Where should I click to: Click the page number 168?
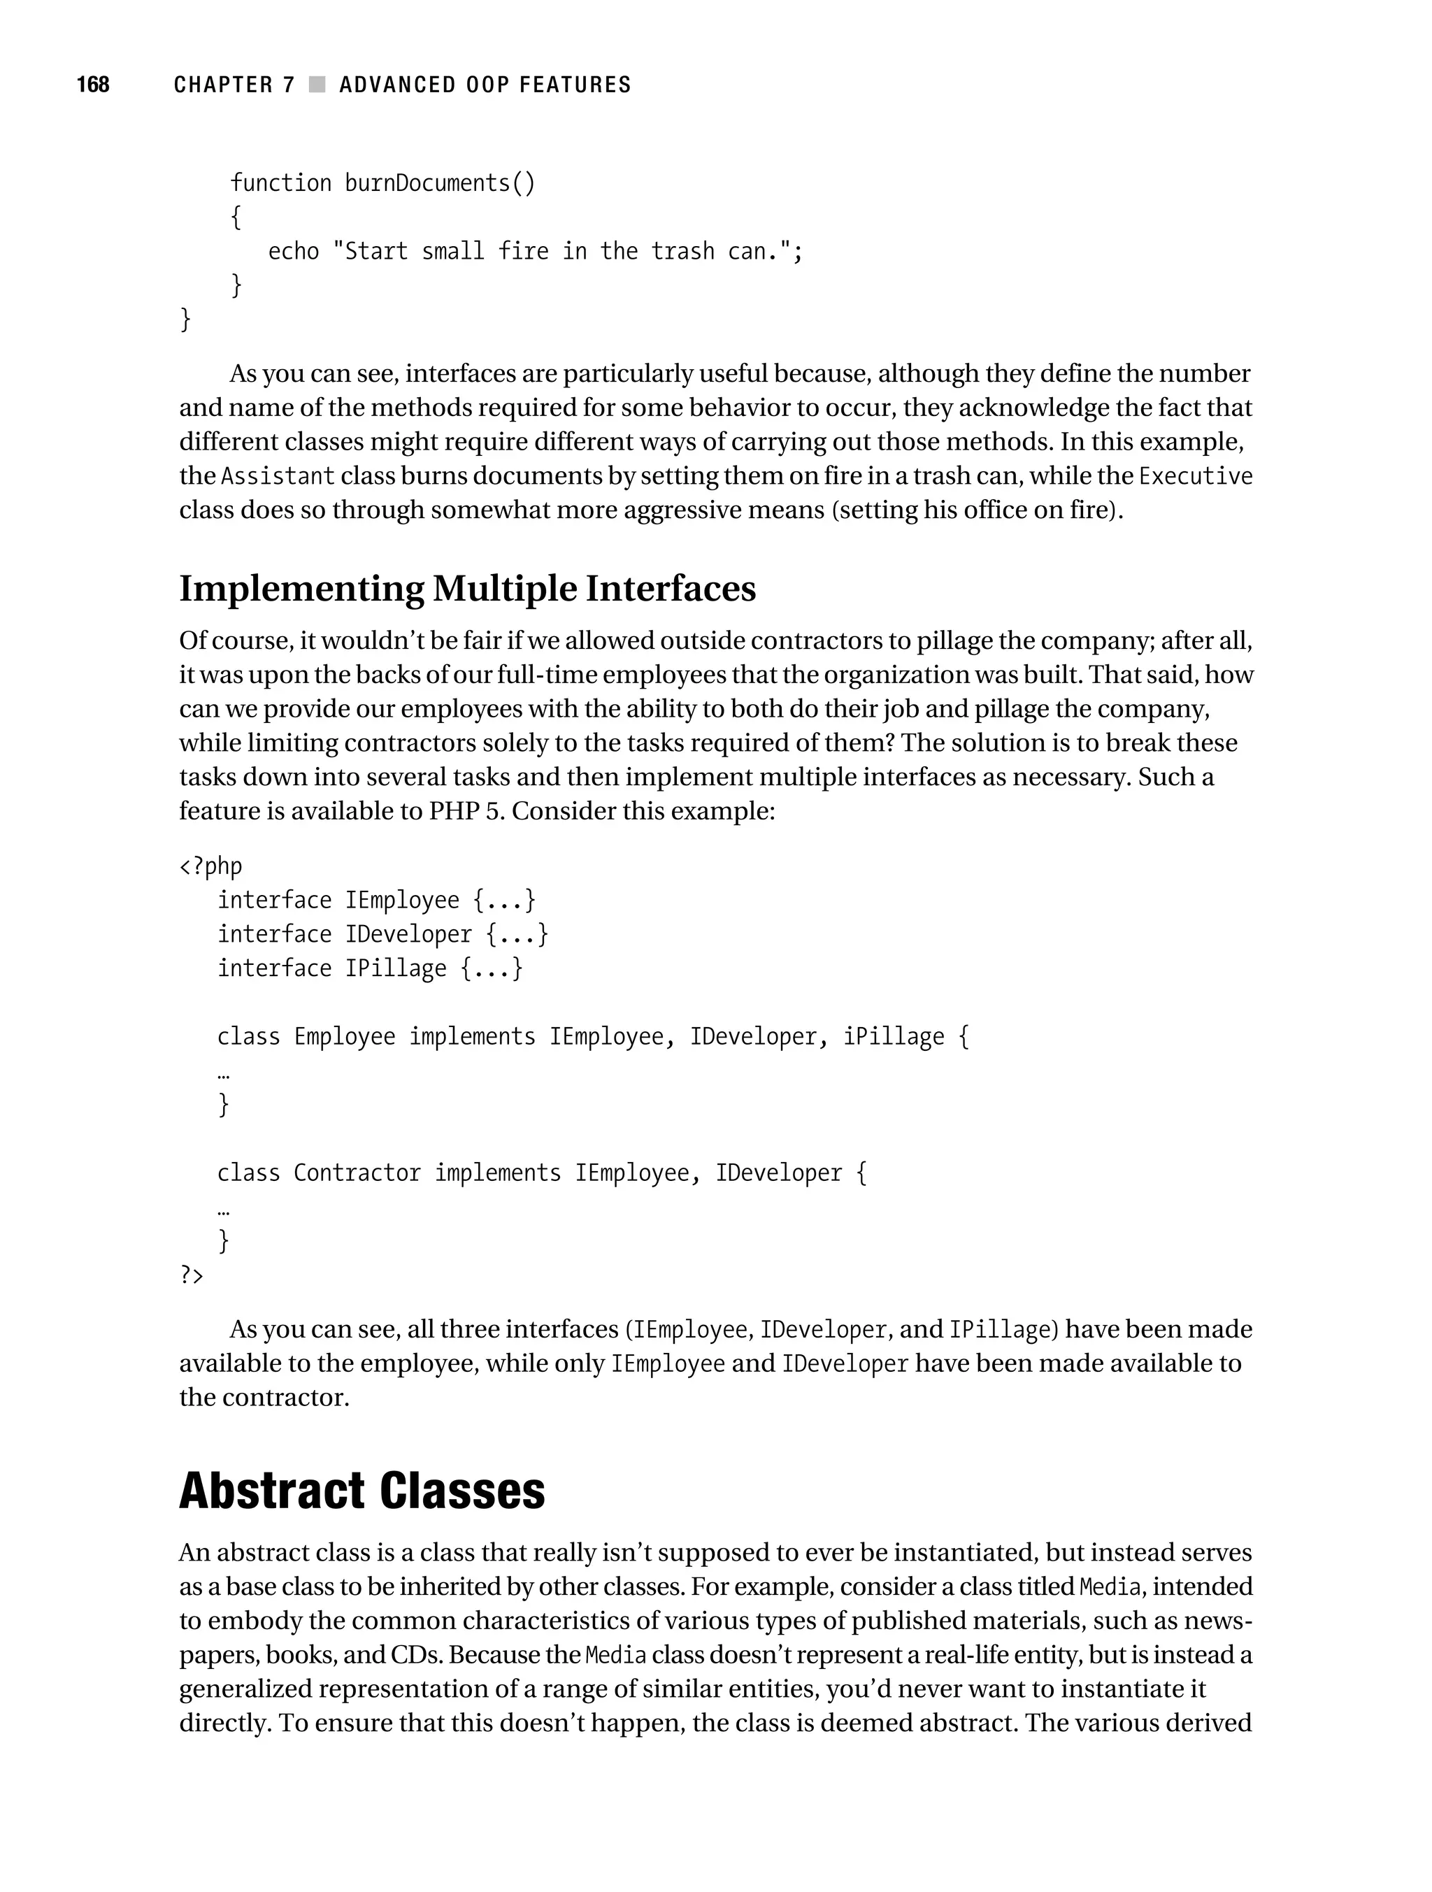pos(92,84)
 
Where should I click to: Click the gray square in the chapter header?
pos(317,84)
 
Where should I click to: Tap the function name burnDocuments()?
pos(440,183)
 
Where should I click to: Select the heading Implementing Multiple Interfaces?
pos(467,589)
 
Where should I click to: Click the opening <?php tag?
pos(210,866)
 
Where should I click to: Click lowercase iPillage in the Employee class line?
pos(894,1037)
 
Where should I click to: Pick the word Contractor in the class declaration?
pos(357,1173)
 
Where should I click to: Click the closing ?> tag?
pos(192,1275)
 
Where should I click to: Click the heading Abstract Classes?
pos(362,1491)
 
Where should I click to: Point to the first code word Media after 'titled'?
pos(1110,1587)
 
